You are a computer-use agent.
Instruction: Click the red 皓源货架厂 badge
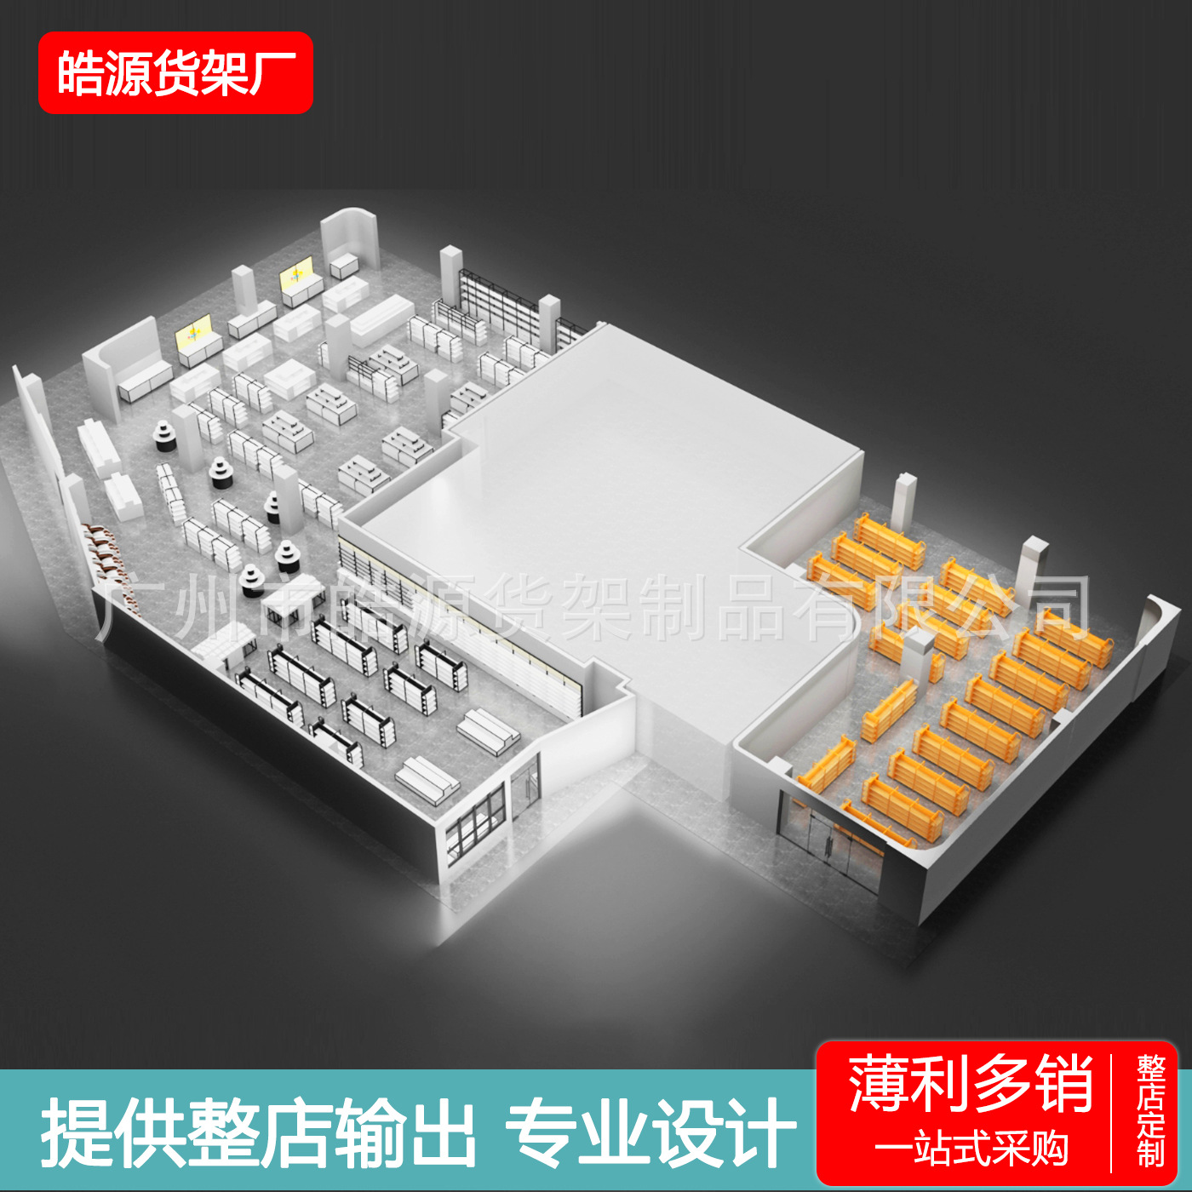pos(175,72)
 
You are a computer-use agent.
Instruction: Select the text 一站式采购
pos(970,1149)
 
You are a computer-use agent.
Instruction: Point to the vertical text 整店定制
pos(1150,1111)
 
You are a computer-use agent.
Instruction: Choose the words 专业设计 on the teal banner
pos(650,1133)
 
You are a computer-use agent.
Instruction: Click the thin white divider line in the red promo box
pos(1112,1113)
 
